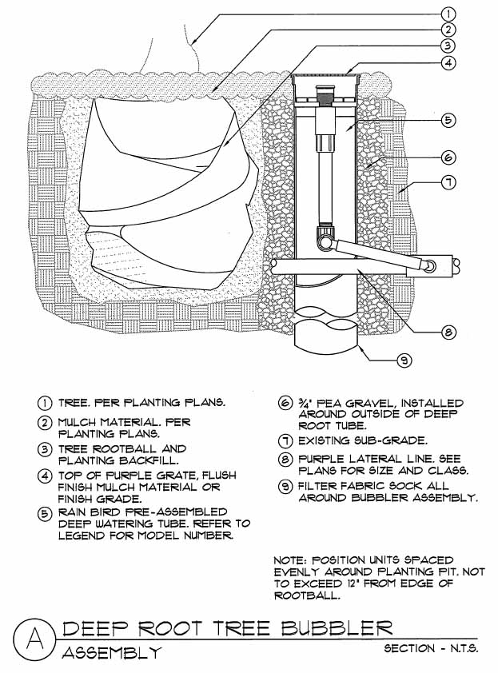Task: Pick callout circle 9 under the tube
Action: [405, 361]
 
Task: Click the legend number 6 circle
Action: [284, 404]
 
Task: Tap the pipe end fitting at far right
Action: [456, 263]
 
